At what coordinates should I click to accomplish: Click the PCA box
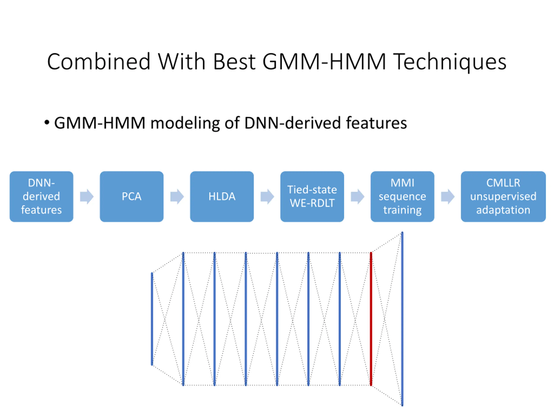pos(132,196)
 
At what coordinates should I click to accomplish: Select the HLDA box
pos(222,196)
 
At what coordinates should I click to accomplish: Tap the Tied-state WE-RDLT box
pos(312,196)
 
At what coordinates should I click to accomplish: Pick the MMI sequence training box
pos(402,196)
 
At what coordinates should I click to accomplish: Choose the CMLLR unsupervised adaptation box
pos(503,196)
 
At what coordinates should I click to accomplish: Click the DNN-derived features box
pos(41,196)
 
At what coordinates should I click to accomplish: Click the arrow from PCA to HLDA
pos(177,196)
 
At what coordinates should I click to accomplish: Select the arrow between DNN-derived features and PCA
pos(87,196)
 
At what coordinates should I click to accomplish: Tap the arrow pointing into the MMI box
pos(358,196)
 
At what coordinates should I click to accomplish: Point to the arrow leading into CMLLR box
pos(448,196)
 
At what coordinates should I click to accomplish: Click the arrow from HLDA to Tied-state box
pos(267,196)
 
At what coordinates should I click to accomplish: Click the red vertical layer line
pos(371,319)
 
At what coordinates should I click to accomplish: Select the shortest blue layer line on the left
pos(152,319)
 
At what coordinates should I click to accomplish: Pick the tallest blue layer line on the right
pos(402,319)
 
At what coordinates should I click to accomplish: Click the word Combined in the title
pos(99,62)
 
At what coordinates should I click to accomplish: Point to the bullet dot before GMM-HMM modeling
pos(47,123)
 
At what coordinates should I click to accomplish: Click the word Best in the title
pos(234,62)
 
